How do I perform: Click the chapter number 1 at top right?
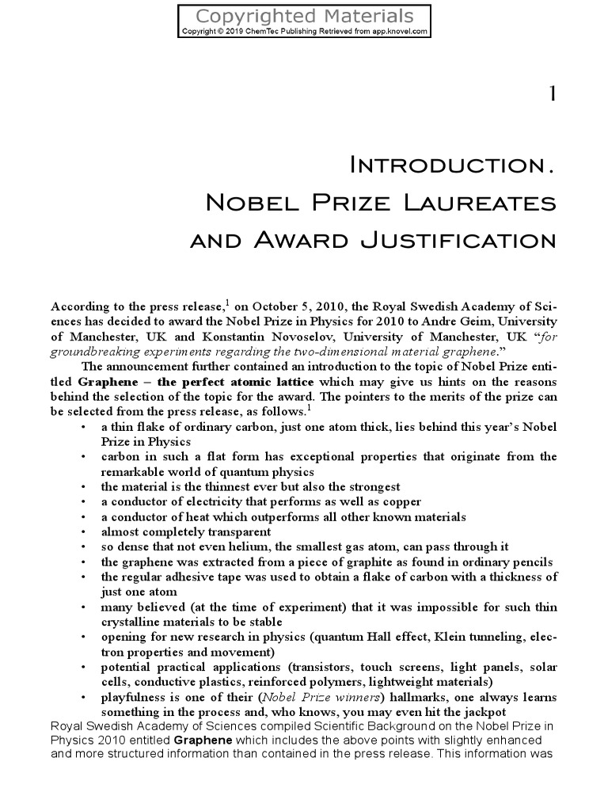click(x=551, y=95)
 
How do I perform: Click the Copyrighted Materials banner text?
click(x=304, y=16)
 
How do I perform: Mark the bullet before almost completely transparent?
click(x=84, y=532)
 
